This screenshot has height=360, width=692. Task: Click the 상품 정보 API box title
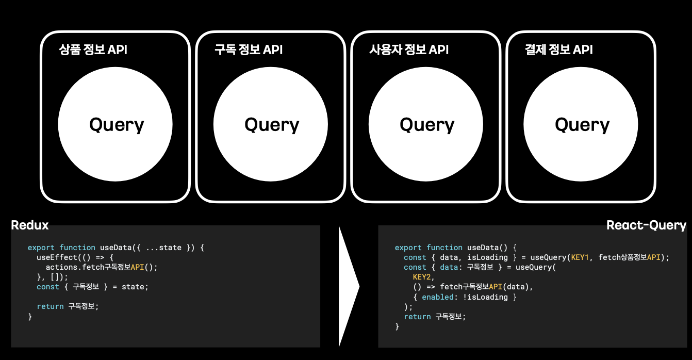pos(93,50)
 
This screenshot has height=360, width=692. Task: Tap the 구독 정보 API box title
pos(249,50)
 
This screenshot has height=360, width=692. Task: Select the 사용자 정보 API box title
pos(409,50)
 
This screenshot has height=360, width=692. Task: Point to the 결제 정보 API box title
pos(558,50)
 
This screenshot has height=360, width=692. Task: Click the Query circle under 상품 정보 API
pos(116,125)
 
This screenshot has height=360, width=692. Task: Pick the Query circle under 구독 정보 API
pos(271,125)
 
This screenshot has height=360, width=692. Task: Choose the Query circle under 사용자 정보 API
pos(426,125)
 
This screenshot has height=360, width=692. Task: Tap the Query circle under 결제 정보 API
pos(581,125)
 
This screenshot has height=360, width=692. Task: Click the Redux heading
pos(30,225)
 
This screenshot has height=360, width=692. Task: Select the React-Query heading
pos(646,225)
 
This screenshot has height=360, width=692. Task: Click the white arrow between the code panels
pos(348,286)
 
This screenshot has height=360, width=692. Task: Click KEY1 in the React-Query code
pos(580,257)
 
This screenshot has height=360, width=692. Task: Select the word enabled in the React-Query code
pos(436,297)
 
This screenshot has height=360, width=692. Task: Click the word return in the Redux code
pos(50,306)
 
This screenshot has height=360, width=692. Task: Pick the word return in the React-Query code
pos(417,317)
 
